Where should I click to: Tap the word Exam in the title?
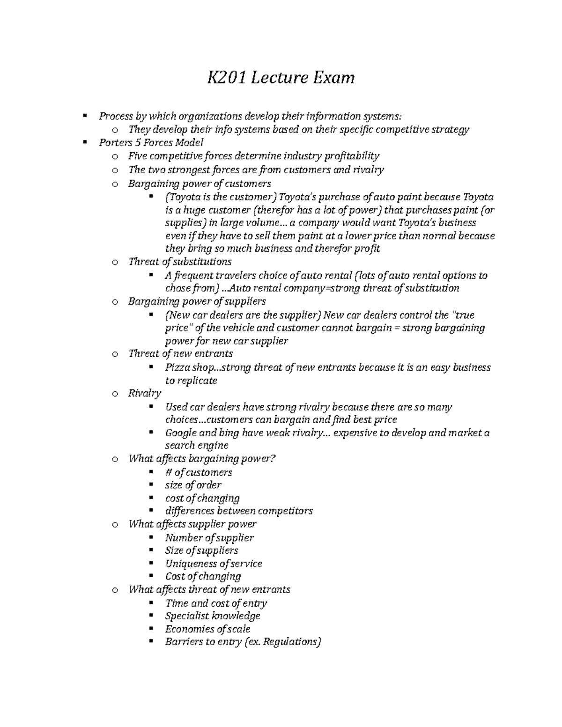333,77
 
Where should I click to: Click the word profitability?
352,155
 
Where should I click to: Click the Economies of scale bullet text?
207,629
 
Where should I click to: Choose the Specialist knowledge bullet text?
212,616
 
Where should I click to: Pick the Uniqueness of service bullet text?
213,563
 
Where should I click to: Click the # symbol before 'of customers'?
168,472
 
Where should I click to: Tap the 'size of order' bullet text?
193,485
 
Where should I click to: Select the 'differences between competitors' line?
238,511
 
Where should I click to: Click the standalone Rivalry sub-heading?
145,393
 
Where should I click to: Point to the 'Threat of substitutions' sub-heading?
180,261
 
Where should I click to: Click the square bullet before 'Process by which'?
85,115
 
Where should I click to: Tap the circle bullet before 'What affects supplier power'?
115,525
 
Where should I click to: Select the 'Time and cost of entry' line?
216,603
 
